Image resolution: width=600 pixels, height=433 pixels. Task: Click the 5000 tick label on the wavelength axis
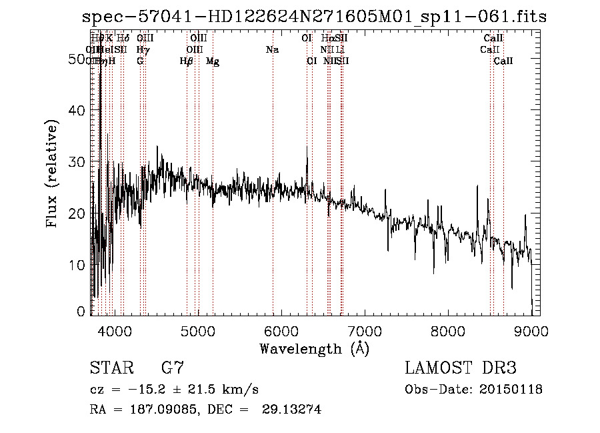click(x=197, y=331)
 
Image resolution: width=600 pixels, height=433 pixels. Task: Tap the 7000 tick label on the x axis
click(x=365, y=331)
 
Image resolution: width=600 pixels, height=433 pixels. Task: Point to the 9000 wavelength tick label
click(x=531, y=331)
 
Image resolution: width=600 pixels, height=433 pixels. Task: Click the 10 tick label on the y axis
click(x=80, y=265)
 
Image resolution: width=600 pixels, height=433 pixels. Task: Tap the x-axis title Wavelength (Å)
click(x=314, y=348)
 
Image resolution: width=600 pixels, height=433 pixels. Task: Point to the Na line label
click(x=272, y=49)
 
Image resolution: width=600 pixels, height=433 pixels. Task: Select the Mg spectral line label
click(x=213, y=61)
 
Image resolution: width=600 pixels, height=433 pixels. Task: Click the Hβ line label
click(x=187, y=61)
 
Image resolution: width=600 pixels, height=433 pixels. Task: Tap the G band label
click(x=140, y=61)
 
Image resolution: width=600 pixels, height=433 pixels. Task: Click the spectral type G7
click(x=173, y=368)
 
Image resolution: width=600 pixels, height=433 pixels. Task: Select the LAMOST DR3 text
click(x=461, y=368)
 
